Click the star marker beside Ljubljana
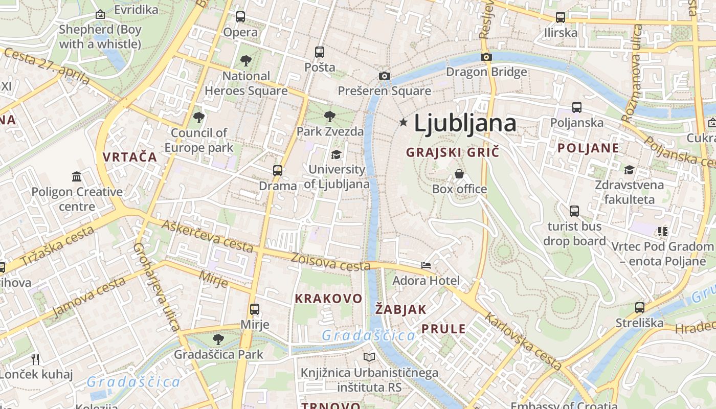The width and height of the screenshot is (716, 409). click(x=404, y=122)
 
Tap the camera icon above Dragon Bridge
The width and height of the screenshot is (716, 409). click(x=486, y=57)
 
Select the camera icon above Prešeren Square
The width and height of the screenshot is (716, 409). click(x=385, y=76)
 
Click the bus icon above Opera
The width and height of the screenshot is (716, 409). click(x=240, y=17)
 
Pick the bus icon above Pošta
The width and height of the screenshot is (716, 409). click(x=320, y=52)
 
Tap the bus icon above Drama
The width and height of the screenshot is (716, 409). click(x=278, y=170)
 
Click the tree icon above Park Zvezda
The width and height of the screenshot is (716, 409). click(x=330, y=116)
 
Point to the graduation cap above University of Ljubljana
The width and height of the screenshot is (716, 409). click(x=337, y=154)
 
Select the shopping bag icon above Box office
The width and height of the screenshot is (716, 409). click(x=459, y=174)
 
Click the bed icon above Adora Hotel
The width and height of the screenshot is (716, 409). click(x=426, y=265)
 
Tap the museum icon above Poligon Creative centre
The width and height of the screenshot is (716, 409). click(x=77, y=177)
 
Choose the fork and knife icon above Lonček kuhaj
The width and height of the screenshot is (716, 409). click(x=35, y=359)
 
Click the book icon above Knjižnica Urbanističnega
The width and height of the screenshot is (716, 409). click(x=369, y=357)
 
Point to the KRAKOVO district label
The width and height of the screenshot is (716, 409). click(x=328, y=298)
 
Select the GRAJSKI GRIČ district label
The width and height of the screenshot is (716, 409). click(x=452, y=152)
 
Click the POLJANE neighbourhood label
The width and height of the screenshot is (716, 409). click(x=588, y=148)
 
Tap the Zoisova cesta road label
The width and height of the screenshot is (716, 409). click(x=330, y=262)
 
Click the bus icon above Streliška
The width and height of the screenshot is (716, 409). click(x=640, y=308)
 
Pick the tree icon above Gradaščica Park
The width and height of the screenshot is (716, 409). click(x=218, y=339)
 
